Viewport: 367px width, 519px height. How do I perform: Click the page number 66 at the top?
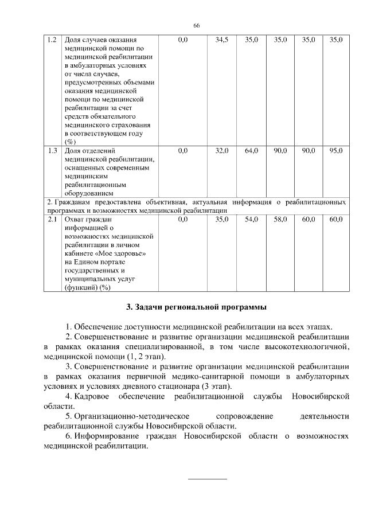(196, 26)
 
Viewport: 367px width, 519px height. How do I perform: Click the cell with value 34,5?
(221, 40)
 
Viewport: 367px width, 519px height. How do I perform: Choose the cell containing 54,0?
(251, 219)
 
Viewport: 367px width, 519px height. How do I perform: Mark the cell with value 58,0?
(280, 219)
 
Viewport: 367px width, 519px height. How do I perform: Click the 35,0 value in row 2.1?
(221, 219)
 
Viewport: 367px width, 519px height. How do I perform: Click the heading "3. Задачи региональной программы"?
(196, 307)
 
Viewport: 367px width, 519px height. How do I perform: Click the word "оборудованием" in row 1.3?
(93, 193)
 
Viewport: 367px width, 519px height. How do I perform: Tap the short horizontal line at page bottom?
(208, 478)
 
